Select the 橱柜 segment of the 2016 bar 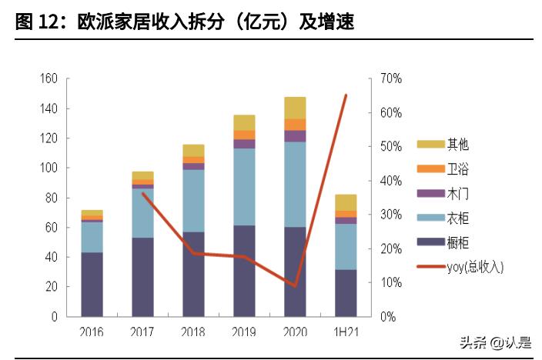tap(92, 284)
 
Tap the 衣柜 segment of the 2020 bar tap(295, 184)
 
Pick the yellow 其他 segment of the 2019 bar tap(244, 122)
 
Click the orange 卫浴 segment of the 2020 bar tap(295, 125)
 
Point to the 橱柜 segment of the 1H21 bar tap(346, 292)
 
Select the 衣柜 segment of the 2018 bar tap(193, 200)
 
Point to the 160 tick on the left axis tap(49, 78)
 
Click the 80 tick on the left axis tap(51, 198)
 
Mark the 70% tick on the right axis tap(391, 78)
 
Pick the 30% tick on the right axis tap(391, 215)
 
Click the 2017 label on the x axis tap(142, 332)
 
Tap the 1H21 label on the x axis tap(346, 332)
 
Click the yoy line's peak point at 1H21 tap(346, 95)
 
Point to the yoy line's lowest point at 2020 tap(295, 285)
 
